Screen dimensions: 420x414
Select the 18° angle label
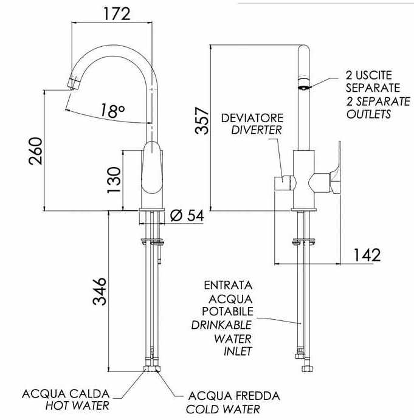coord(112,111)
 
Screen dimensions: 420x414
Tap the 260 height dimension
coord(35,151)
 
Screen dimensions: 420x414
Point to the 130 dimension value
coord(114,181)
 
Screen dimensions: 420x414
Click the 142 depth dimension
coord(366,255)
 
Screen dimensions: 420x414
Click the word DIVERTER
coord(256,129)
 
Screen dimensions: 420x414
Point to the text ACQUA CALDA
coord(66,393)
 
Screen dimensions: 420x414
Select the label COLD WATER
coord(223,409)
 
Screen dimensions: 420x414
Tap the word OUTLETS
coord(369,114)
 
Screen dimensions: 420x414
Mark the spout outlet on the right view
coord(303,86)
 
